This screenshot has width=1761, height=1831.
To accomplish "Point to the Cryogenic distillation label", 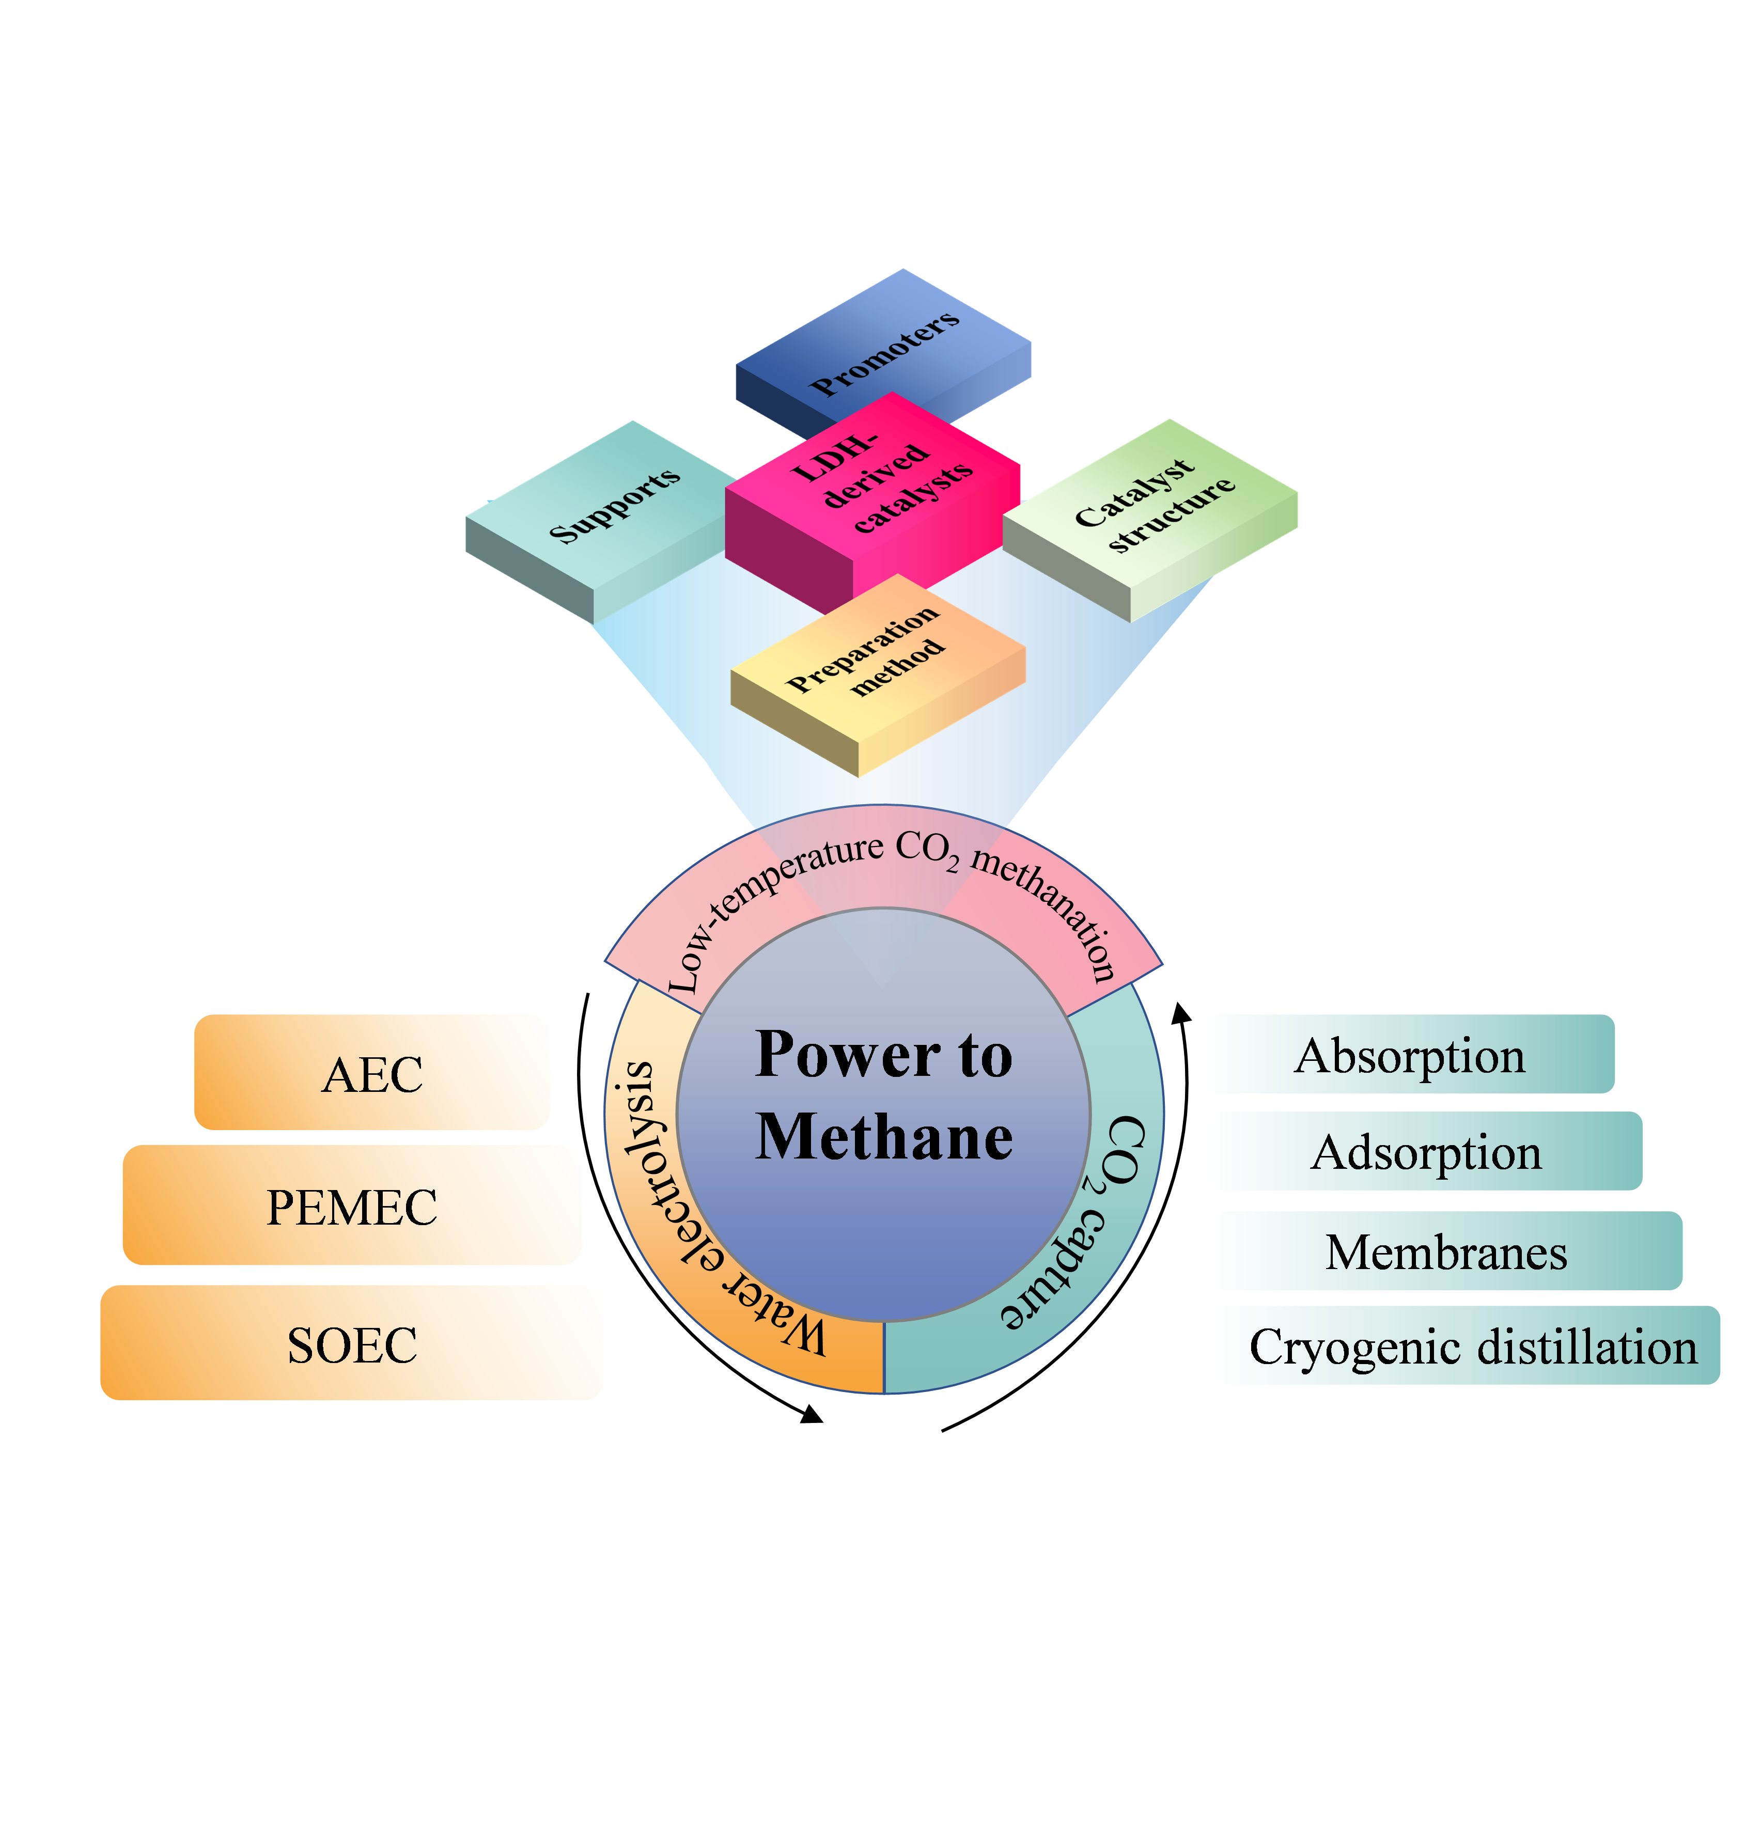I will point(1472,1346).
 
